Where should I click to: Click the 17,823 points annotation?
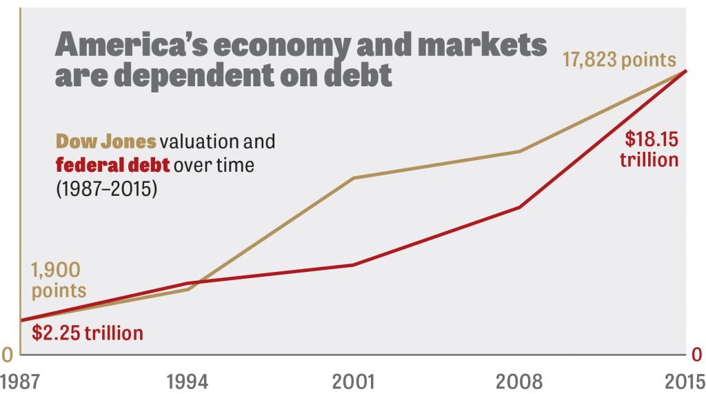tap(619, 60)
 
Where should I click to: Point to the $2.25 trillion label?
tap(88, 333)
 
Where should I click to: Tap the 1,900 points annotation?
tap(58, 279)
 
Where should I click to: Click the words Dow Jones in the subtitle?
tap(105, 142)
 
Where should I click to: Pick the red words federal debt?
tap(112, 166)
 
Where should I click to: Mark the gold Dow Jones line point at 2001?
tap(354, 178)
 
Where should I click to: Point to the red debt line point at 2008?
tap(520, 207)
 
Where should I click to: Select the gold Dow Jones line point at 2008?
tap(520, 151)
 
